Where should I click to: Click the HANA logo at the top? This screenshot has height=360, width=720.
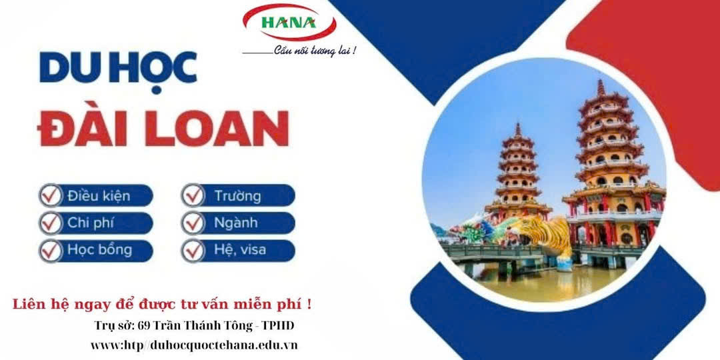[289, 22]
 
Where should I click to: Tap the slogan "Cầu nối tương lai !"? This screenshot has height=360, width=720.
[315, 51]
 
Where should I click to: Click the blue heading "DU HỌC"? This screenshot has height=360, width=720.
[118, 68]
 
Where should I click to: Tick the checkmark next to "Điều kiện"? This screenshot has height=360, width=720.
[51, 195]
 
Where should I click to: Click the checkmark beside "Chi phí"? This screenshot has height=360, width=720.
[51, 223]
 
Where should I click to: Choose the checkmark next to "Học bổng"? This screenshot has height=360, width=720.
[51, 251]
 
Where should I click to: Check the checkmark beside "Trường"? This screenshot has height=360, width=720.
[193, 195]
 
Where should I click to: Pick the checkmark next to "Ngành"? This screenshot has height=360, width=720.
[193, 223]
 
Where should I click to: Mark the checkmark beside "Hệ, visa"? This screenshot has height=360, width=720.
[193, 251]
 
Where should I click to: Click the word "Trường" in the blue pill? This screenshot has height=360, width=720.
[237, 197]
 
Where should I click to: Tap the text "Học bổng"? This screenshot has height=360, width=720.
[99, 250]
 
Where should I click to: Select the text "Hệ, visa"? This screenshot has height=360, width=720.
[240, 251]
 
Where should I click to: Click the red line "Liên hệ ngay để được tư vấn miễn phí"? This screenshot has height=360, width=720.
[161, 304]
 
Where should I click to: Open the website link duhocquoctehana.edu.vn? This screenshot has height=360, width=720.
[224, 345]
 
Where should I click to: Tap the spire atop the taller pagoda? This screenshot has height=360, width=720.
[601, 87]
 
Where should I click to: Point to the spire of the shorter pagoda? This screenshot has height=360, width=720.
[518, 129]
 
